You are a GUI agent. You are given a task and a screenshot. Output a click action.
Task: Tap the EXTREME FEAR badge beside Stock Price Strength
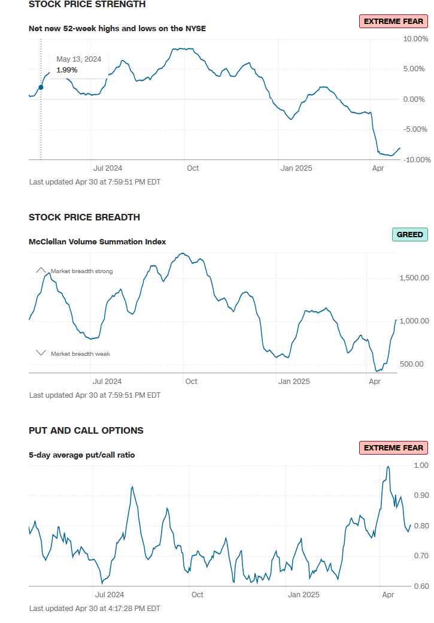(x=393, y=21)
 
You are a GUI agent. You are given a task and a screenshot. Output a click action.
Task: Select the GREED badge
(x=410, y=235)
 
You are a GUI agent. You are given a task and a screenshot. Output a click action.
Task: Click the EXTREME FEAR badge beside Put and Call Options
(x=393, y=447)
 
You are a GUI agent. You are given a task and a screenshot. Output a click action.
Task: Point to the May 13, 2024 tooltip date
(x=78, y=59)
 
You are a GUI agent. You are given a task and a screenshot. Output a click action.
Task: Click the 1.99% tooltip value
(x=66, y=70)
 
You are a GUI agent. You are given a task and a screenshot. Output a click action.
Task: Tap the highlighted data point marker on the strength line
(x=41, y=87)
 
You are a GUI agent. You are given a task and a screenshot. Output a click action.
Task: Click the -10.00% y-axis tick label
(x=413, y=159)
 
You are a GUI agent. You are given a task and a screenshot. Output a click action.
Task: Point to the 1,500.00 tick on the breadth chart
(x=414, y=278)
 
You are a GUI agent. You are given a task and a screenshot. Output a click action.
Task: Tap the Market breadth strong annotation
(x=81, y=271)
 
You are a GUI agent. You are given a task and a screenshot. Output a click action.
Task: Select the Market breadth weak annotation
(x=80, y=354)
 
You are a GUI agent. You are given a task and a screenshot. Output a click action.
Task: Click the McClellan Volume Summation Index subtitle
(x=97, y=241)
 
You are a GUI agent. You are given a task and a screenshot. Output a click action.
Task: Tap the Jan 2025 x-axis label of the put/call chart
(x=304, y=595)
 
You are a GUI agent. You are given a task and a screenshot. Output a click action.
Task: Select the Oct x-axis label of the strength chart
(x=193, y=168)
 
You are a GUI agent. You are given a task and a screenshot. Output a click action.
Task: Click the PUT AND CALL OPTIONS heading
(x=86, y=431)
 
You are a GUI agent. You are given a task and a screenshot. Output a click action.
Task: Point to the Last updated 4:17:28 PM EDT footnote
(x=95, y=609)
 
